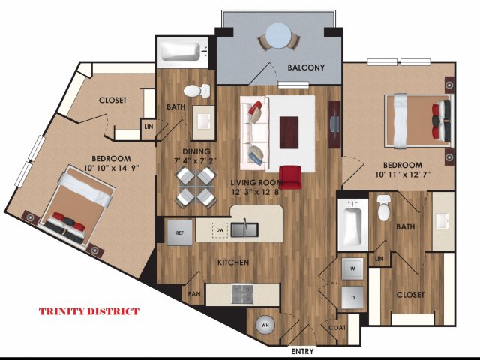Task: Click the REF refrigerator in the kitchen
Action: click(180, 232)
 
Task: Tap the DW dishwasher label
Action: click(220, 230)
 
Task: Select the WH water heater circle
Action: click(265, 325)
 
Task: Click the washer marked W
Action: click(352, 268)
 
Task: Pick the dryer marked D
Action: click(353, 297)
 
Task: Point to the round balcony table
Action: click(278, 36)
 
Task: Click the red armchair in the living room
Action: click(290, 177)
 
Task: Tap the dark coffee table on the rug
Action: click(289, 132)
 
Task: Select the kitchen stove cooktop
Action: click(242, 294)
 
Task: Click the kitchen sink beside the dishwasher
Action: click(244, 229)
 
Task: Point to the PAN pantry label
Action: click(194, 294)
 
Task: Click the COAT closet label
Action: click(337, 328)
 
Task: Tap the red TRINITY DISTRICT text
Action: click(89, 312)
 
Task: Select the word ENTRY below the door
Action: click(302, 351)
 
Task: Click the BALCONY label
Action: click(306, 67)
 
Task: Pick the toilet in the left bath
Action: click(196, 91)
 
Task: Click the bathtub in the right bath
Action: click(352, 226)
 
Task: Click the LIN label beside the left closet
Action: click(148, 127)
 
